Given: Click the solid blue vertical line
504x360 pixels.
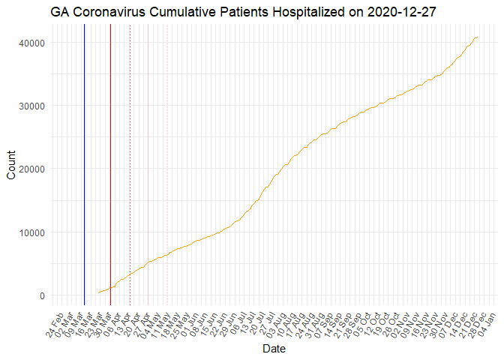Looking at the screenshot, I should point(84,165).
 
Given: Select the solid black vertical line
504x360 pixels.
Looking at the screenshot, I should point(110,165).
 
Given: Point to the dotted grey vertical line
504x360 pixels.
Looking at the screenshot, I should point(130,165).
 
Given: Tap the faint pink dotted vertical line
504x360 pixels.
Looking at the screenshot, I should point(166,165).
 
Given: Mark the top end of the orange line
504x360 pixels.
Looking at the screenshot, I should point(477,37).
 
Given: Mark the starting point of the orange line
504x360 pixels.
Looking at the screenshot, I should point(98,292).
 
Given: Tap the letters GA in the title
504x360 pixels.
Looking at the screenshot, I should point(60,12).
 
